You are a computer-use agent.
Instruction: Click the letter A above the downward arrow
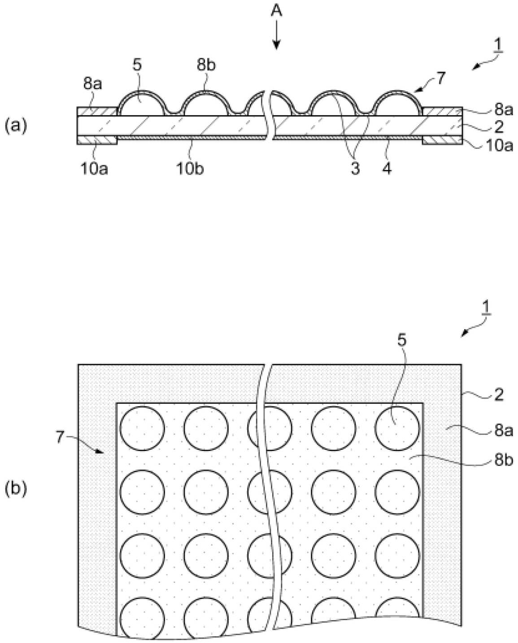276,12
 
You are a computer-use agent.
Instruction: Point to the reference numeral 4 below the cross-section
387,169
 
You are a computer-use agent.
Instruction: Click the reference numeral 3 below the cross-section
355,169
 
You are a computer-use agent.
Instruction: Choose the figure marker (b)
16,488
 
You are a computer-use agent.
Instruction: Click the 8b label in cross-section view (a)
206,65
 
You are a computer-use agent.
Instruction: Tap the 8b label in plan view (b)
504,461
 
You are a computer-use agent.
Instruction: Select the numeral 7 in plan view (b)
60,439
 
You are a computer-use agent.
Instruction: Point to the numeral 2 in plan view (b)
499,395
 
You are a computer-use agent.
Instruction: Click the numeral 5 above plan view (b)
402,341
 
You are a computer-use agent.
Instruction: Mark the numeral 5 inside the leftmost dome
137,65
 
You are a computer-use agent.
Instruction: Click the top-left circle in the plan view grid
142,428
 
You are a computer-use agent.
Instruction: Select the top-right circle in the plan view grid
397,428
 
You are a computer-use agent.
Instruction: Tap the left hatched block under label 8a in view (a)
97,112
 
